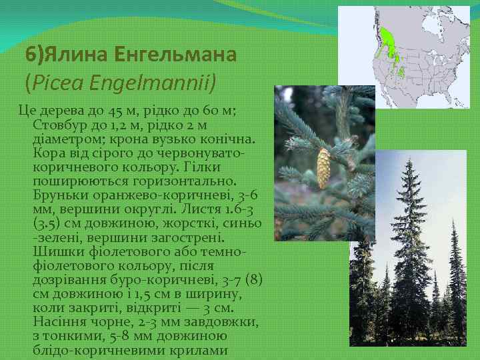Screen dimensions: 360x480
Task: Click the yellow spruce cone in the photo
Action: (323, 169)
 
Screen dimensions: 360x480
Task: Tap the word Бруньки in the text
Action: (59, 195)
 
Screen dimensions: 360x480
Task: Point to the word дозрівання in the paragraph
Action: (66, 280)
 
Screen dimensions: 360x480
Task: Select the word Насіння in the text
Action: (58, 322)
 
